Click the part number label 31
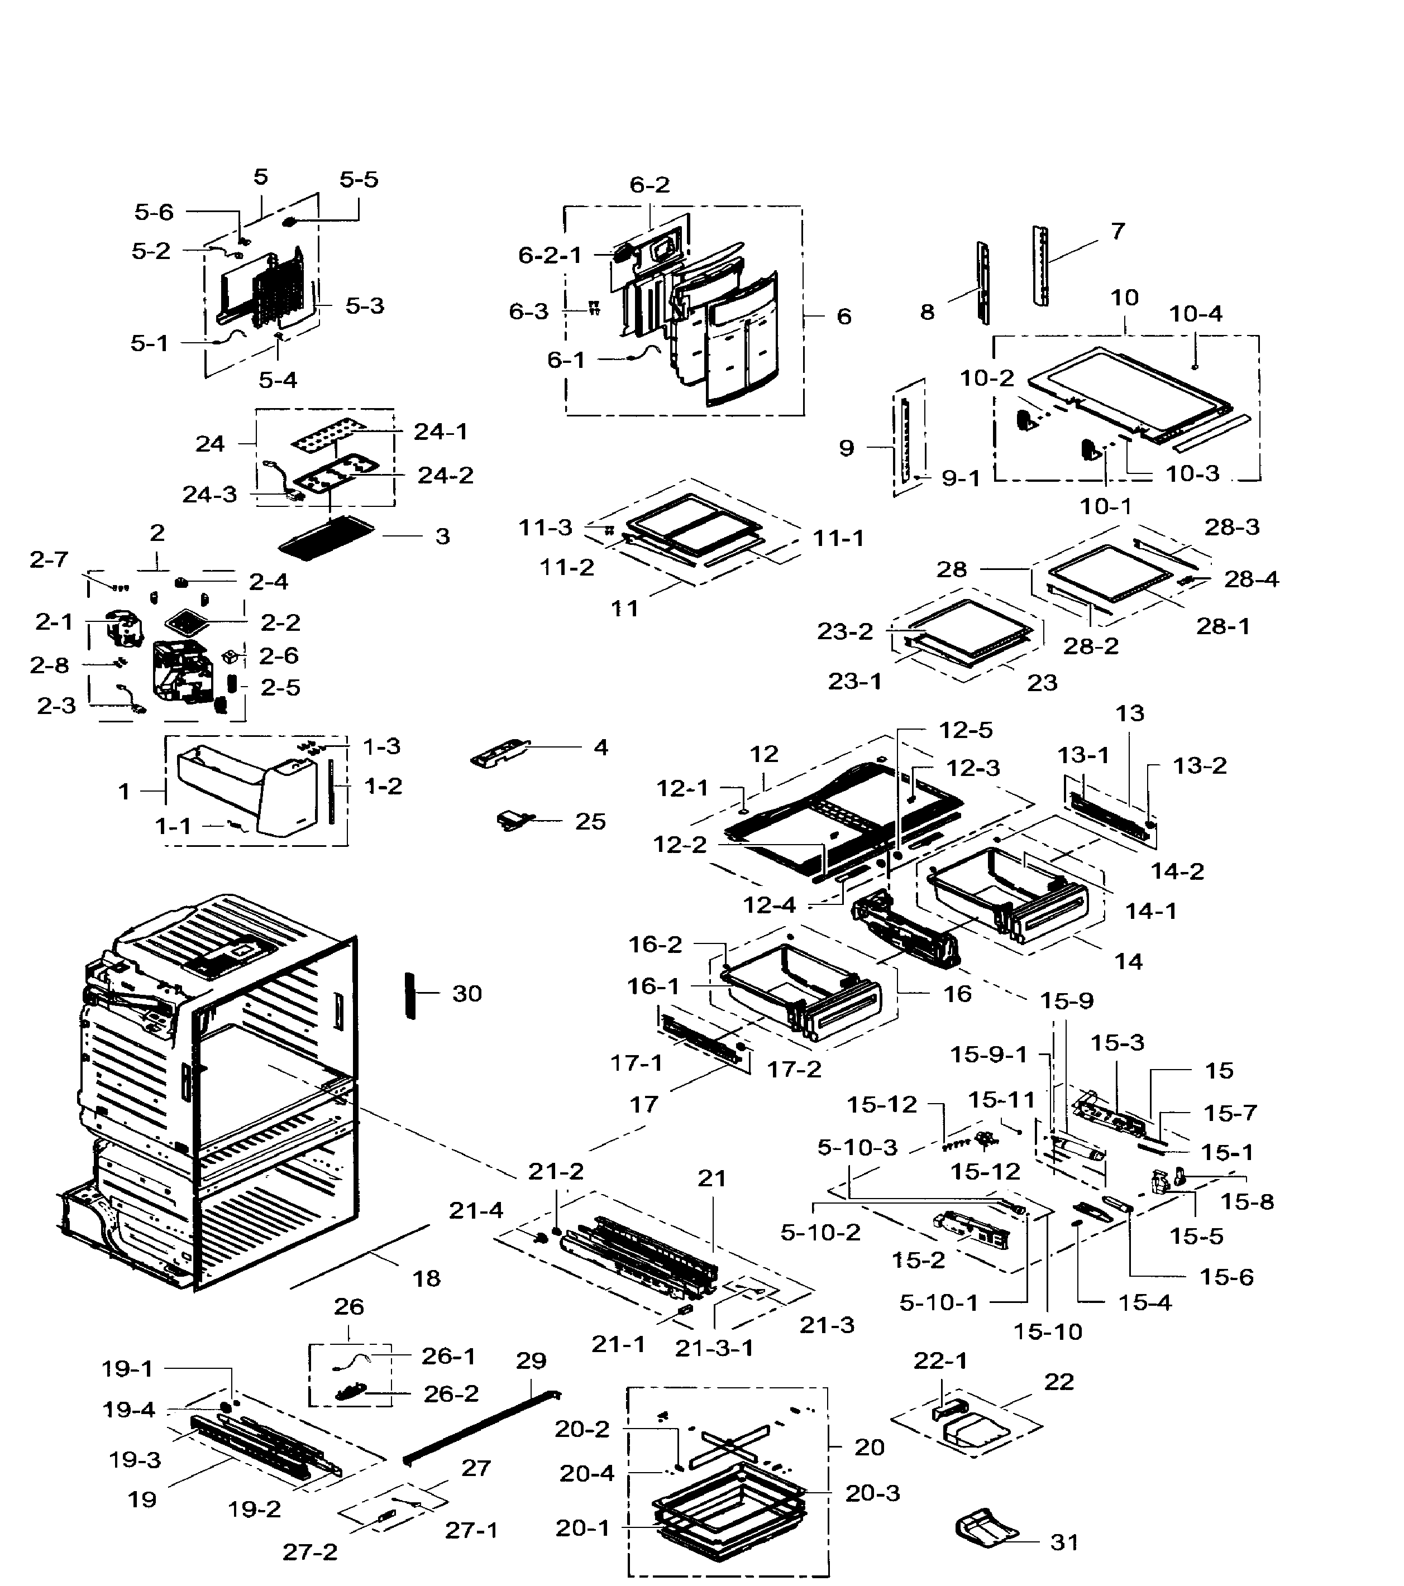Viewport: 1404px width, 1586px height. tap(1064, 1542)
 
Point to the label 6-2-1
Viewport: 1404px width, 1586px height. tap(550, 255)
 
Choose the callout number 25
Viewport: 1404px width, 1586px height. tap(590, 821)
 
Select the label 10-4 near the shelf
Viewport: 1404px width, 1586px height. tap(1195, 314)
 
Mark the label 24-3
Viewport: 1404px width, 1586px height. tap(209, 494)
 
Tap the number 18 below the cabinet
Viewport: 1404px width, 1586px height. tap(426, 1278)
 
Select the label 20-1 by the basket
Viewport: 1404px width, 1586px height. tap(582, 1528)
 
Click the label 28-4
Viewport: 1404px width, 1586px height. tap(1251, 579)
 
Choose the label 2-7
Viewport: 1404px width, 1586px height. tap(49, 559)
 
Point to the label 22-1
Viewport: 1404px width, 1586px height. tap(940, 1360)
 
